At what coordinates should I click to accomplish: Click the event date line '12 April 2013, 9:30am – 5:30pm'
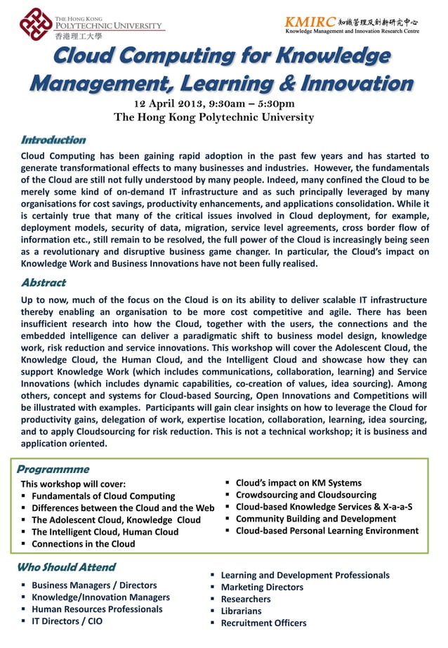(214, 103)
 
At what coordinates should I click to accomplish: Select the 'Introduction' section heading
(53, 140)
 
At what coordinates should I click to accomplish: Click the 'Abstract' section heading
(43, 283)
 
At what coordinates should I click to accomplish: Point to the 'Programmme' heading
(53, 469)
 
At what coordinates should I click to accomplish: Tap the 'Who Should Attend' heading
(66, 566)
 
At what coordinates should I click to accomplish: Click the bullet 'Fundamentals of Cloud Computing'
(103, 496)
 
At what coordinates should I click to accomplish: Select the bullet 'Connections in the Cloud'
(83, 544)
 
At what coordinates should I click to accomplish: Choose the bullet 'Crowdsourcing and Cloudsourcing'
(305, 495)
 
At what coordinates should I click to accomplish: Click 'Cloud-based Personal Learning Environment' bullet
(327, 531)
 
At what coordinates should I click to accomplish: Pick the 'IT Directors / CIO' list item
(67, 621)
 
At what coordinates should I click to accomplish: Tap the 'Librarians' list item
(241, 611)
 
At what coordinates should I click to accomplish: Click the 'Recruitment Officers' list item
(263, 623)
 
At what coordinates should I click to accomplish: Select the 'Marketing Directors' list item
(262, 587)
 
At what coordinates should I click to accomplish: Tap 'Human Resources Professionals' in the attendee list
(97, 609)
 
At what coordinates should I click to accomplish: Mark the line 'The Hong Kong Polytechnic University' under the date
(214, 117)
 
